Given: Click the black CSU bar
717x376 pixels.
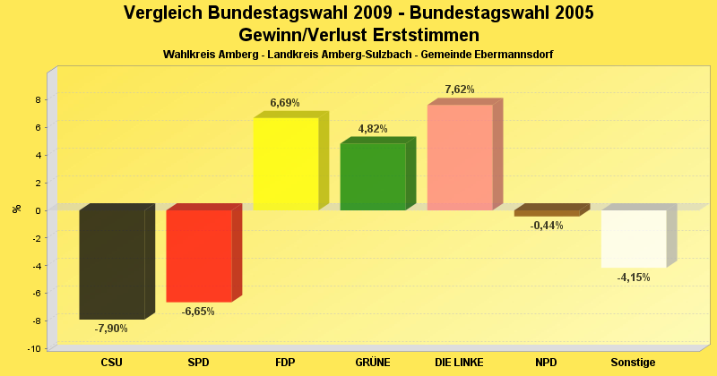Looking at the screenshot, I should [x=112, y=264].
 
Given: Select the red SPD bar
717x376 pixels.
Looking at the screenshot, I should [x=199, y=255].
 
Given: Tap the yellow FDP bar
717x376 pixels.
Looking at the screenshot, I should [x=286, y=164].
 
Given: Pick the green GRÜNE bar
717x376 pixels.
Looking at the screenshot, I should [x=373, y=176].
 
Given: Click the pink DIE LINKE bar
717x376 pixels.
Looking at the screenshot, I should [x=460, y=158].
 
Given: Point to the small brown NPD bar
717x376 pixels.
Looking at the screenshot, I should [x=547, y=213].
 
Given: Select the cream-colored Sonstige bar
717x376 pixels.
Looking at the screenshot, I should [x=634, y=238].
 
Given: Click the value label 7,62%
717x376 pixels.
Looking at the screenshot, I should [x=459, y=90].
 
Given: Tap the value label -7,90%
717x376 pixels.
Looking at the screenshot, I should [x=111, y=329].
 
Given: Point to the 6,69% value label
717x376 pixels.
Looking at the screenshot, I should [x=285, y=103].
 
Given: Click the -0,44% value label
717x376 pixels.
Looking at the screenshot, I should [x=547, y=226].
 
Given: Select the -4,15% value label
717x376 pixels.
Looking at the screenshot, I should [x=634, y=278].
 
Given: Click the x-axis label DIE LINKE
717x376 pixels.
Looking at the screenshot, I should [x=459, y=362].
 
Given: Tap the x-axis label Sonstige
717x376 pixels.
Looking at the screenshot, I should [x=633, y=362].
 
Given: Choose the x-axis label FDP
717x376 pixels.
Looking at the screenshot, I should [x=285, y=362].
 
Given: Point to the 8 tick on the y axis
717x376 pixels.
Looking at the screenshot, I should [x=39, y=100].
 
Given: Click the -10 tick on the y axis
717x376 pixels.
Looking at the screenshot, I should [x=35, y=348].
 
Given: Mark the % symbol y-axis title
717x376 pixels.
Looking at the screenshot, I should [x=17, y=209].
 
